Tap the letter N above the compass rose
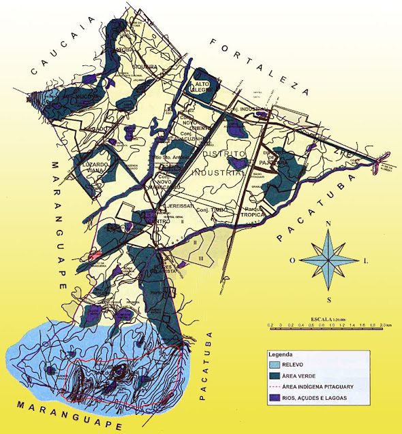point(329,223)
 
